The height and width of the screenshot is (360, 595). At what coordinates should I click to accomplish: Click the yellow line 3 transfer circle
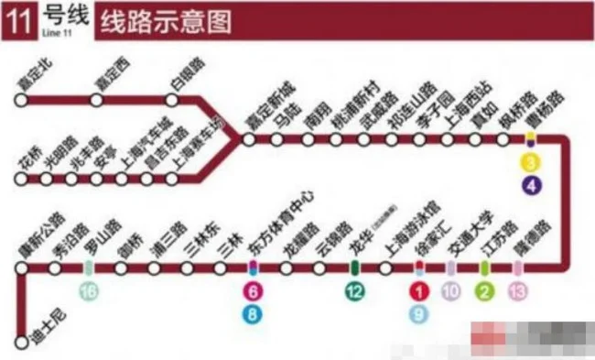click(532, 165)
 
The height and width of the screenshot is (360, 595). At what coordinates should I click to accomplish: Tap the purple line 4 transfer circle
click(532, 188)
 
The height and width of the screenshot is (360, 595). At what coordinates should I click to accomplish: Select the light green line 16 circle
click(88, 292)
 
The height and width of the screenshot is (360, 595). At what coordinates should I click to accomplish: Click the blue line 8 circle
click(253, 315)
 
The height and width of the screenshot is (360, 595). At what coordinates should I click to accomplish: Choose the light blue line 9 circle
click(419, 315)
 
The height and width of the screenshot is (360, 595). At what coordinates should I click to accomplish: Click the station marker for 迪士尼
click(21, 343)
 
